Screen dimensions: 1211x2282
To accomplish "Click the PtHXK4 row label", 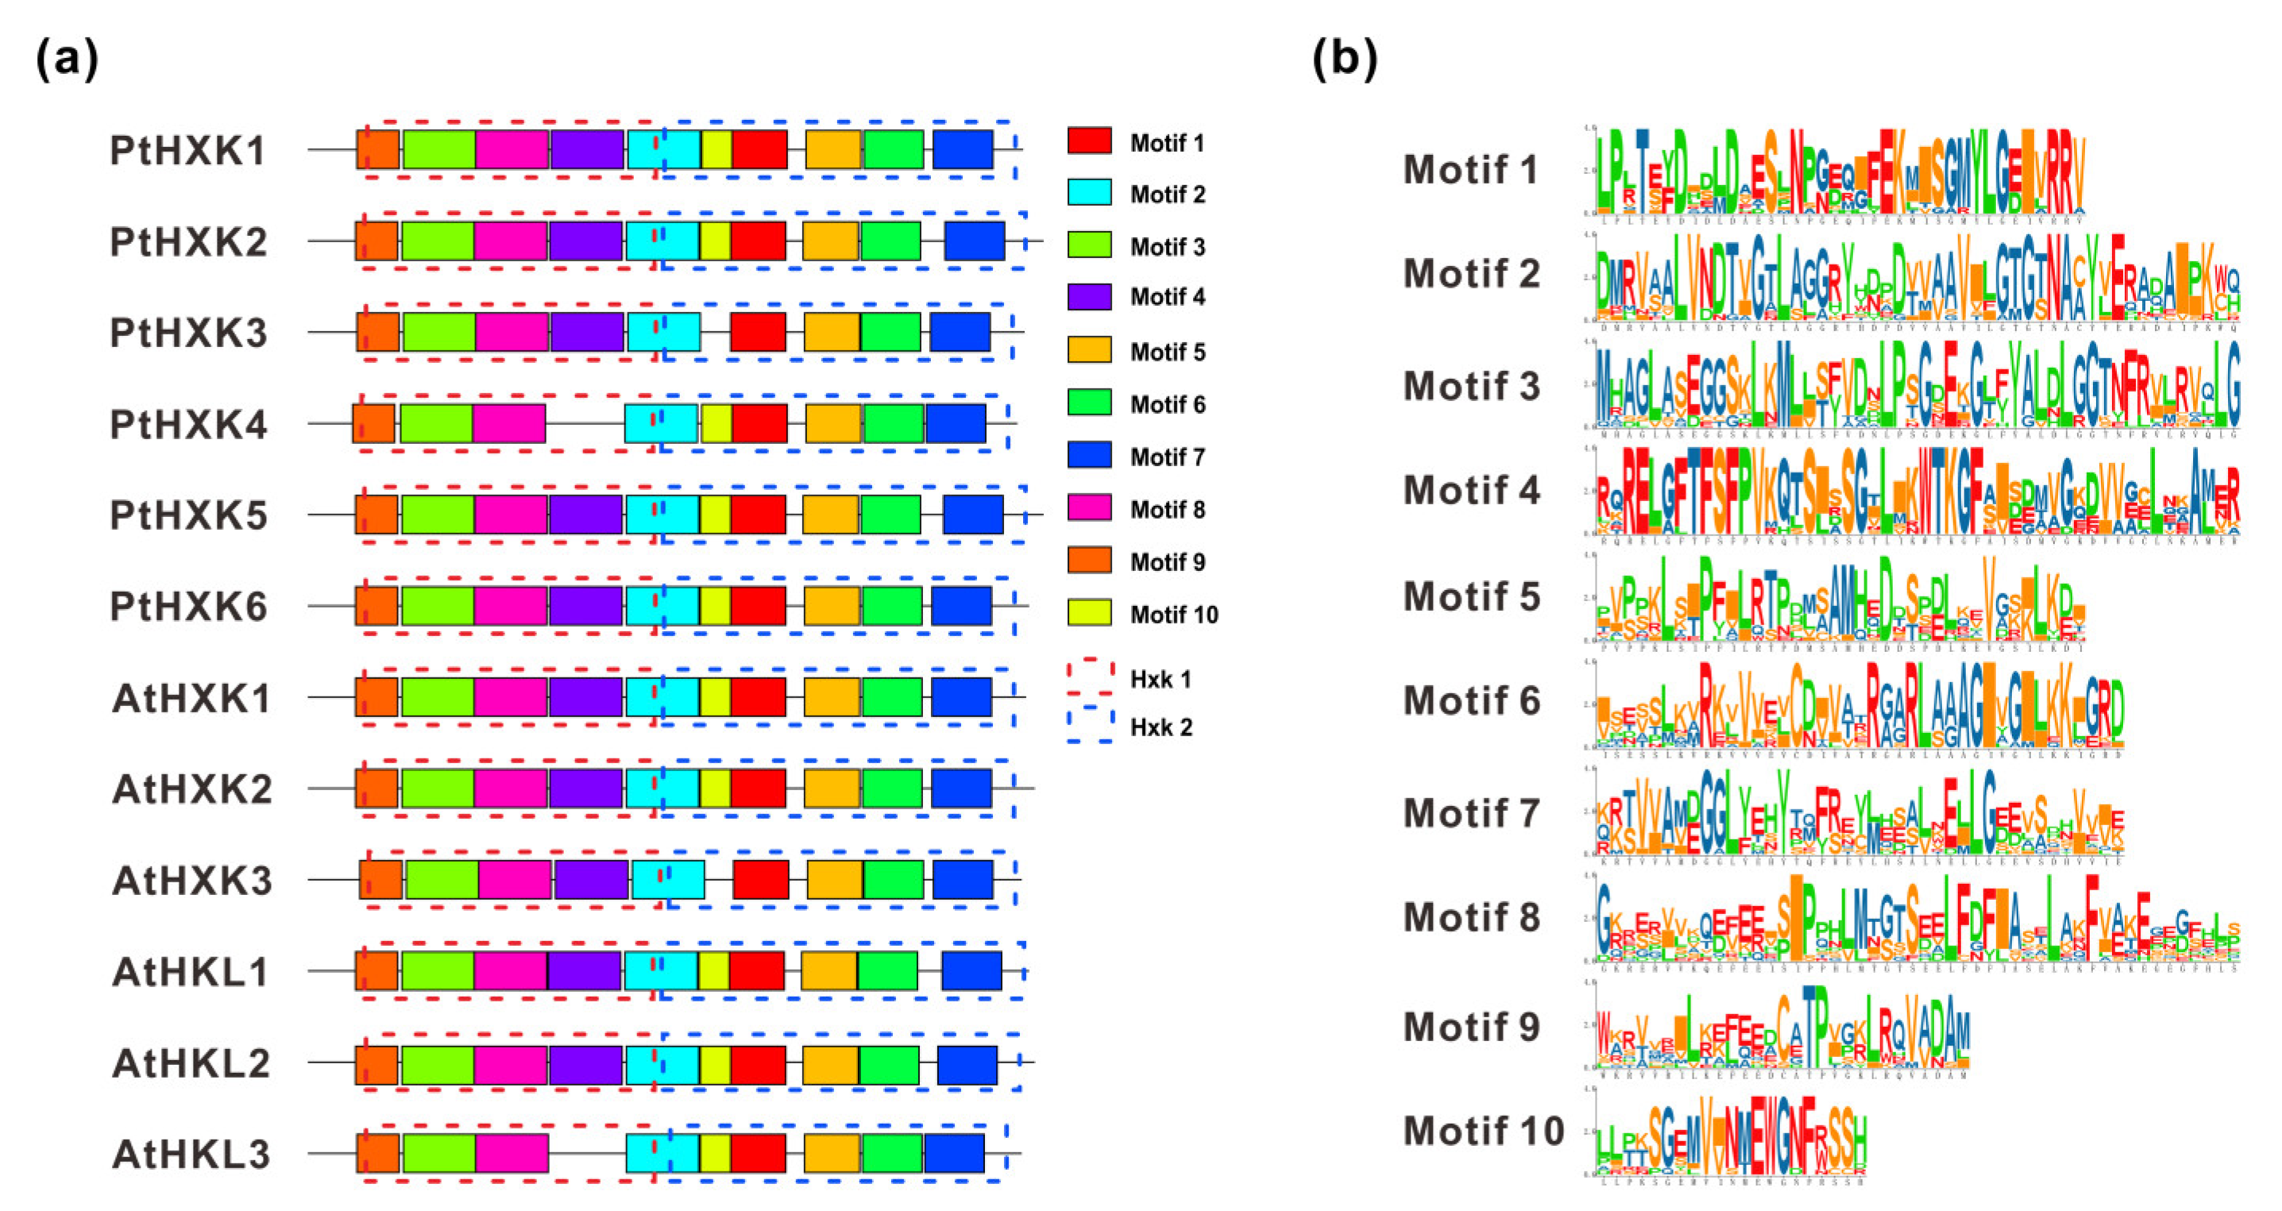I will pyautogui.click(x=187, y=424).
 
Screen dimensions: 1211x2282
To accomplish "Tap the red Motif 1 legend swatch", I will pyautogui.click(x=1089, y=141).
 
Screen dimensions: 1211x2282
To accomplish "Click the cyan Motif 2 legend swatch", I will pyautogui.click(x=1089, y=193).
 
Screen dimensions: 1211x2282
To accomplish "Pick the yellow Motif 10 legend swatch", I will pyautogui.click(x=1089, y=613).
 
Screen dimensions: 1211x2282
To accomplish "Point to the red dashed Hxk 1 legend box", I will pyautogui.click(x=1090, y=677).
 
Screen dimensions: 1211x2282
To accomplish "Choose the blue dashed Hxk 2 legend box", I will pyautogui.click(x=1090, y=726).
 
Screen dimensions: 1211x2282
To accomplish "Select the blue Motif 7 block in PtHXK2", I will pyautogui.click(x=975, y=241).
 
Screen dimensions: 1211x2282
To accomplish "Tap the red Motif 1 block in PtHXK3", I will pyautogui.click(x=758, y=332).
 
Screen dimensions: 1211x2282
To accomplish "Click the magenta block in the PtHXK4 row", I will pyautogui.click(x=508, y=423).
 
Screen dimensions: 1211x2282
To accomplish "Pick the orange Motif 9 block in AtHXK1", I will pyautogui.click(x=376, y=697).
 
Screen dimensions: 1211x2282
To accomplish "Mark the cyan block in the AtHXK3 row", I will pyautogui.click(x=668, y=880).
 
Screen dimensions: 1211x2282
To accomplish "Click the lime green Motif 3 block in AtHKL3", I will pyautogui.click(x=439, y=1153).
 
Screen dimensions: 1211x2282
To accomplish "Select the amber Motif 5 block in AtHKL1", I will pyautogui.click(x=828, y=971).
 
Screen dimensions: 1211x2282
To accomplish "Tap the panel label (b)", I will pyautogui.click(x=1344, y=60).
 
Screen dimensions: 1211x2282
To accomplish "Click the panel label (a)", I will pyautogui.click(x=67, y=60).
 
